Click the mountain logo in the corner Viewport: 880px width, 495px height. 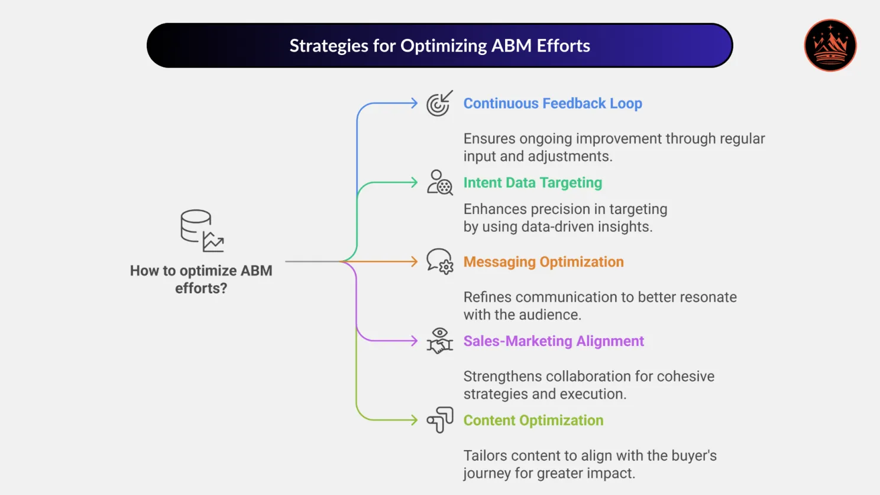[x=830, y=46]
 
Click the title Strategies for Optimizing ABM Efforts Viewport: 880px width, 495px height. [x=439, y=46]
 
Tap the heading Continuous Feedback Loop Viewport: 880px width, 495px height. [x=552, y=103]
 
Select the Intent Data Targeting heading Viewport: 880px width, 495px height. [x=532, y=183]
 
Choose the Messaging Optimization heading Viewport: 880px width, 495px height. [x=543, y=262]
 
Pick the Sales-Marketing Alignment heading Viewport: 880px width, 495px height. [x=553, y=341]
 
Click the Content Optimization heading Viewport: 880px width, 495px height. [x=533, y=420]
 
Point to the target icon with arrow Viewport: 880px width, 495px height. [x=439, y=103]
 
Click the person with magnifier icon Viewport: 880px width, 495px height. [x=439, y=183]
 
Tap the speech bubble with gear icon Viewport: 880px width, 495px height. [x=439, y=261]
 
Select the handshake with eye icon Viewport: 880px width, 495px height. [x=439, y=341]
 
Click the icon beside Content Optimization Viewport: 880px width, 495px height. [x=439, y=420]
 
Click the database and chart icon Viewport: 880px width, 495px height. [x=202, y=231]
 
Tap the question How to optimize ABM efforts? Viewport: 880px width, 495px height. [x=201, y=279]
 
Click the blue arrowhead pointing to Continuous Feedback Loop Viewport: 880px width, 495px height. [x=414, y=103]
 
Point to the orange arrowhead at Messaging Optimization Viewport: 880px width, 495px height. [x=414, y=261]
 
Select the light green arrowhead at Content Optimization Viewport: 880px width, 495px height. [x=414, y=420]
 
